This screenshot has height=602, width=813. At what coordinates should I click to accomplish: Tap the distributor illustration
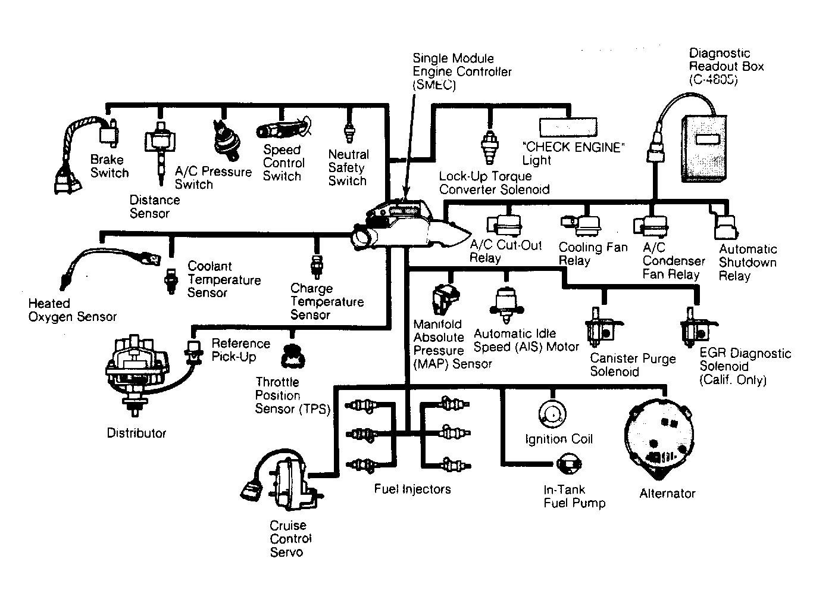click(x=137, y=374)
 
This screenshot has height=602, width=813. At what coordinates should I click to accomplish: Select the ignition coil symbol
click(x=552, y=414)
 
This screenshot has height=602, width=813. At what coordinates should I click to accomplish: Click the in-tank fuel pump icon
click(x=569, y=464)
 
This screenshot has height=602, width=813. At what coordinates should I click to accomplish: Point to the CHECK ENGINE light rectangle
click(x=568, y=127)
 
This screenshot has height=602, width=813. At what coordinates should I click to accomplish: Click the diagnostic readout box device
click(x=703, y=148)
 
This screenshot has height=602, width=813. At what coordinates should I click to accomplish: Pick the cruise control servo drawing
click(x=282, y=479)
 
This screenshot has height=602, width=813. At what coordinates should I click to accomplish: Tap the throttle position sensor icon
click(x=293, y=355)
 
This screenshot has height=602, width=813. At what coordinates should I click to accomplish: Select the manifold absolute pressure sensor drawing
click(x=446, y=299)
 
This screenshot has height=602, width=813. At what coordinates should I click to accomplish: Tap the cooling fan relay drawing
click(x=581, y=225)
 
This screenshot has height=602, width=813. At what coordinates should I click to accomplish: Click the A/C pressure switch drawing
click(x=226, y=140)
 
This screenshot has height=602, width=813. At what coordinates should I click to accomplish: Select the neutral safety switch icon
click(x=350, y=132)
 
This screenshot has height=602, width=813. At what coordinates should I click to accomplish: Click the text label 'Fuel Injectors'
click(x=412, y=489)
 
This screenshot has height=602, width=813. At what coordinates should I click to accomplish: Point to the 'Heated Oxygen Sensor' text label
click(x=72, y=310)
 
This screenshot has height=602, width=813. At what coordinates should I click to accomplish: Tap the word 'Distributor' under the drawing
click(x=136, y=433)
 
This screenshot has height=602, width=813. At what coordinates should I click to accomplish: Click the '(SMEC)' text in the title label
click(x=434, y=85)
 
